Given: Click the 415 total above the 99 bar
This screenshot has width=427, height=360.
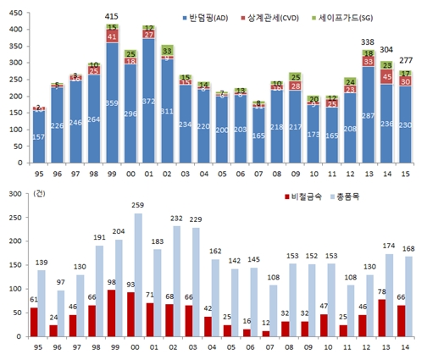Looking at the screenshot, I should [112, 16].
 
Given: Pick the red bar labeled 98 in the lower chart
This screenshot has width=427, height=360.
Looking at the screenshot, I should [110, 313].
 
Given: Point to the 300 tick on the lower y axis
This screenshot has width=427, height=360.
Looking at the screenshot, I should [14, 194].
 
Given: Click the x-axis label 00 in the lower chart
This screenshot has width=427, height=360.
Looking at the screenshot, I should [136, 348].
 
